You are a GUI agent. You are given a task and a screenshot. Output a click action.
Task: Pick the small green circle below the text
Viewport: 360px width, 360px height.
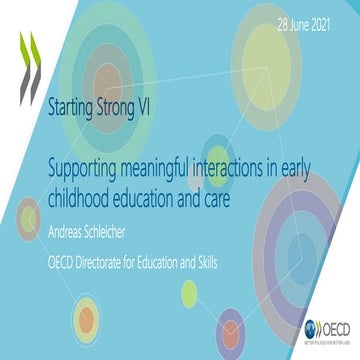(x=189, y=292)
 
